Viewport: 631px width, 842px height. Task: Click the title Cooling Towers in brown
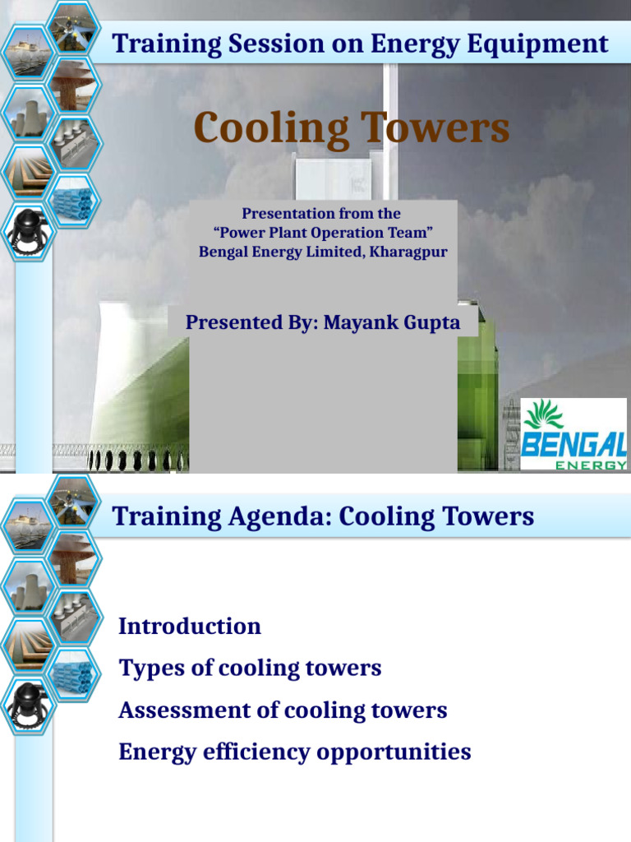(x=351, y=129)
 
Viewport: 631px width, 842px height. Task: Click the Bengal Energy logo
(x=573, y=433)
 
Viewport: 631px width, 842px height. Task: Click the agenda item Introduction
(x=190, y=626)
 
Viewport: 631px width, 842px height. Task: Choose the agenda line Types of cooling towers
(x=250, y=668)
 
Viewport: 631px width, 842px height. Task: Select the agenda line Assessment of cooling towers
(x=283, y=710)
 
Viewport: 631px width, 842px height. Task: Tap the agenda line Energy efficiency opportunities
(x=294, y=752)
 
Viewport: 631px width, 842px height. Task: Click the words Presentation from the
(x=321, y=214)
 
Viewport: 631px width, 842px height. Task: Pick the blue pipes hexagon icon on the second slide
(x=75, y=673)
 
